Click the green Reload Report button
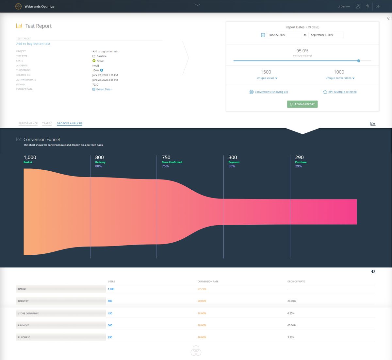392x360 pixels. [x=302, y=104]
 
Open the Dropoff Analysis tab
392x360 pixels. [x=70, y=123]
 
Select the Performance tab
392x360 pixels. [x=28, y=123]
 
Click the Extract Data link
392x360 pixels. [x=104, y=89]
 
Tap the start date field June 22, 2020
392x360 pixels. [x=284, y=35]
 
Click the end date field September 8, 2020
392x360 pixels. [x=326, y=35]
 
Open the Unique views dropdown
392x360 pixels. [x=267, y=78]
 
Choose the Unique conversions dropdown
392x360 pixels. [x=340, y=78]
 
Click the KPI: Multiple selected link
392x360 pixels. [x=342, y=92]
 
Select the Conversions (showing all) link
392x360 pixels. [x=271, y=92]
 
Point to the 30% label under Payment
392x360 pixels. [x=232, y=166]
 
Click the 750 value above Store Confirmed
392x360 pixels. [x=166, y=157]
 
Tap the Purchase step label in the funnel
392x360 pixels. [x=301, y=162]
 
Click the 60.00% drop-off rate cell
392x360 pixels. [x=291, y=325]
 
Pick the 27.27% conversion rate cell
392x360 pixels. [x=202, y=289]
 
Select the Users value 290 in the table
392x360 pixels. [x=110, y=337]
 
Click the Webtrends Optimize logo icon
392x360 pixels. [x=19, y=7]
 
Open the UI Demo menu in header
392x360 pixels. [x=343, y=7]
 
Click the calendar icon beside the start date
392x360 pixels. [x=263, y=35]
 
